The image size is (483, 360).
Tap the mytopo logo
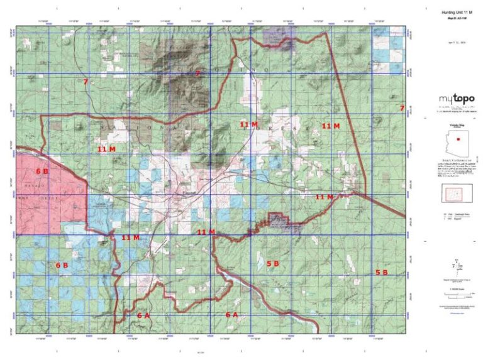click(x=456, y=99)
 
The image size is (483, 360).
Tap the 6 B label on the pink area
click(x=42, y=171)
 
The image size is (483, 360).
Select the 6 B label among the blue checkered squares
click(x=62, y=265)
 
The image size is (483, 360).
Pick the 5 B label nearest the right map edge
click(x=382, y=272)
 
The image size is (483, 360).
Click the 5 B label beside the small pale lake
click(x=272, y=264)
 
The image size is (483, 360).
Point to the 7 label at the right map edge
click(x=401, y=109)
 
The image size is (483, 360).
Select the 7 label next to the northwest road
click(x=85, y=82)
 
